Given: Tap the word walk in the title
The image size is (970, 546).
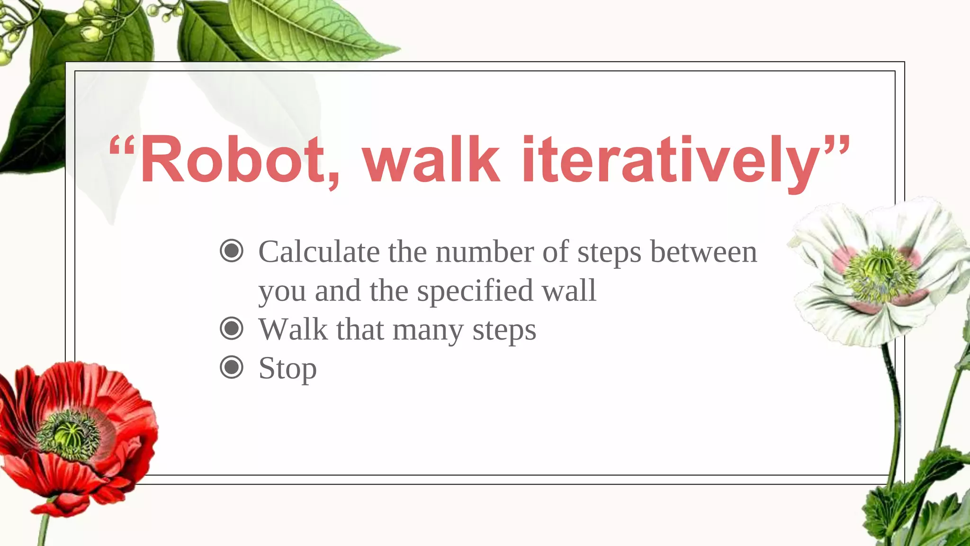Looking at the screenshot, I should (x=431, y=159).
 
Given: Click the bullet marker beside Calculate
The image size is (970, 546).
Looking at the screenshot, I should (x=232, y=251).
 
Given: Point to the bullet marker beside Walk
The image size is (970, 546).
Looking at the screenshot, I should (x=232, y=328).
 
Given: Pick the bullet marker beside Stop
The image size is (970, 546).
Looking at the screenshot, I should (x=232, y=367).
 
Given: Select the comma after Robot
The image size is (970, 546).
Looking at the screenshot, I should (x=333, y=180).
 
